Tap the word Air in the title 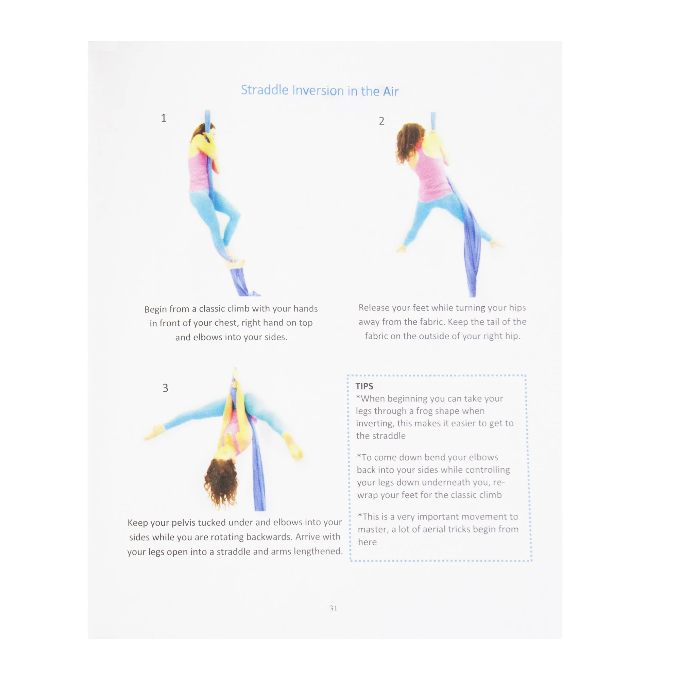391,92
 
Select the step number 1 164,118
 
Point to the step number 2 381,121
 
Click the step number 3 165,388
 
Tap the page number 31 333,609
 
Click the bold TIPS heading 364,386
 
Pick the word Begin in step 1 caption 155,309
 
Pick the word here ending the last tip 367,542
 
